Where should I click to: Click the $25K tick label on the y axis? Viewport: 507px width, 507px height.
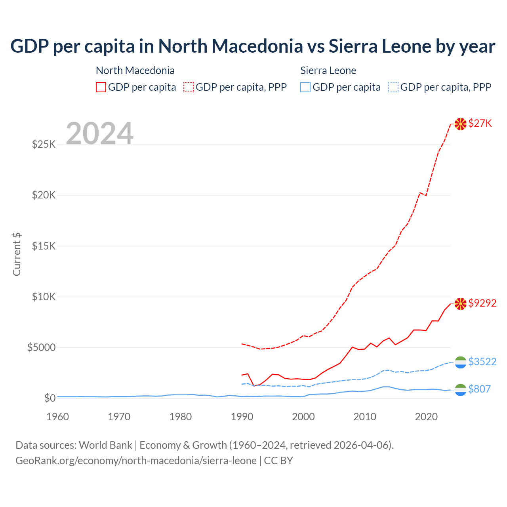pyautogui.click(x=44, y=144)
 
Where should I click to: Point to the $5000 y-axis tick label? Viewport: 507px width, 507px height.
pyautogui.click(x=42, y=348)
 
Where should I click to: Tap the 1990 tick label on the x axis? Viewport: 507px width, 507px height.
pyautogui.click(x=242, y=417)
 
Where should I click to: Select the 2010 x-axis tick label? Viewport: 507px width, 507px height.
pyautogui.click(x=365, y=417)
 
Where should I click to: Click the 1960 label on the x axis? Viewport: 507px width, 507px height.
pyautogui.click(x=58, y=417)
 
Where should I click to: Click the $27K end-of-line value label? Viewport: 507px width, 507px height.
pyautogui.click(x=480, y=123)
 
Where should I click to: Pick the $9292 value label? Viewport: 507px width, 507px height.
pyautogui.click(x=482, y=303)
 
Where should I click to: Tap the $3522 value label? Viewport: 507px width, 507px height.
pyautogui.click(x=482, y=362)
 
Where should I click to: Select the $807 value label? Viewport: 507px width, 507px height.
pyautogui.click(x=479, y=389)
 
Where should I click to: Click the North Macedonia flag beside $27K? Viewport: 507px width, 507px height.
pyautogui.click(x=460, y=124)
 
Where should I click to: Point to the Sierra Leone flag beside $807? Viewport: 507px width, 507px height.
pyautogui.click(x=460, y=390)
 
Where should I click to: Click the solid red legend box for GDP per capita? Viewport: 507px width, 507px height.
pyautogui.click(x=101, y=87)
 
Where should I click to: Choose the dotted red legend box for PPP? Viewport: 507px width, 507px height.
pyautogui.click(x=189, y=87)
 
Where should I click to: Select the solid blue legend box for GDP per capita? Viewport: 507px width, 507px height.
pyautogui.click(x=305, y=87)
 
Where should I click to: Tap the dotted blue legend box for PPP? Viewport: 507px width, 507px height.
pyautogui.click(x=393, y=87)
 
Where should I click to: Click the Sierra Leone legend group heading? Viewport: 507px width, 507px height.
pyautogui.click(x=328, y=71)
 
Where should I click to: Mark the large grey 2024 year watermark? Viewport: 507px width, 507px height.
pyautogui.click(x=99, y=133)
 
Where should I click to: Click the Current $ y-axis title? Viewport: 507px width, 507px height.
pyautogui.click(x=17, y=254)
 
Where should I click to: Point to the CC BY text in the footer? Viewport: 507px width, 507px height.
pyautogui.click(x=278, y=461)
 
